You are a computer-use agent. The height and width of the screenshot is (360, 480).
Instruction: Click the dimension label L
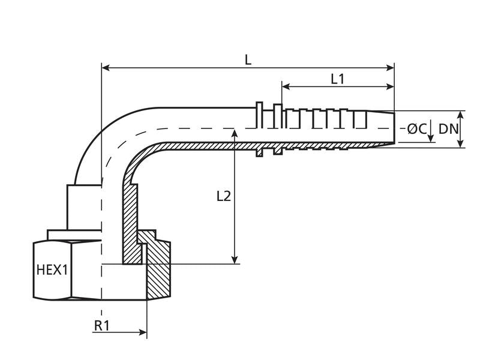[x=248, y=59]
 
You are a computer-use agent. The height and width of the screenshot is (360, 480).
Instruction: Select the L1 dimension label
[x=338, y=79]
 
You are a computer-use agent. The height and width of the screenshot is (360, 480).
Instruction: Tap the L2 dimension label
[x=223, y=196]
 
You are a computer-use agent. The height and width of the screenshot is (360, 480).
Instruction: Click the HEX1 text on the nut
[x=52, y=270]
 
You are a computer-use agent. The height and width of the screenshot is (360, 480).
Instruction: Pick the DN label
[x=448, y=128]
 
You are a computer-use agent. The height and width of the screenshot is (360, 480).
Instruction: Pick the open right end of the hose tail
[x=394, y=128]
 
